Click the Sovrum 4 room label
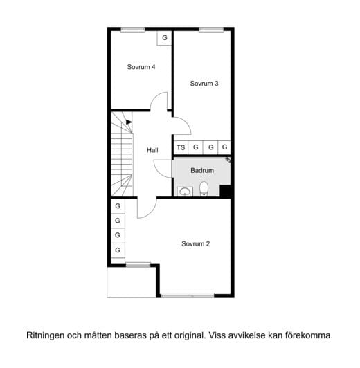click(141, 67)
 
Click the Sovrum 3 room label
click(204, 84)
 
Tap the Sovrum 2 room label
click(196, 243)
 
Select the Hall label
click(152, 149)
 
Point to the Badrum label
click(202, 170)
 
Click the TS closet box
click(181, 147)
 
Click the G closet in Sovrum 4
click(165, 38)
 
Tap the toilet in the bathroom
click(204, 189)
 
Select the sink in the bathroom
click(184, 192)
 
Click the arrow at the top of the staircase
click(129, 122)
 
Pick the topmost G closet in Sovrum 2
click(118, 206)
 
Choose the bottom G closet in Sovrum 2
click(118, 250)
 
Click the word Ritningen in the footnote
click(46, 335)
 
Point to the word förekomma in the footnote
click(308, 335)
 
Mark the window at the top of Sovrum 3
click(209, 29)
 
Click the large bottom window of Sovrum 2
click(188, 296)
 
